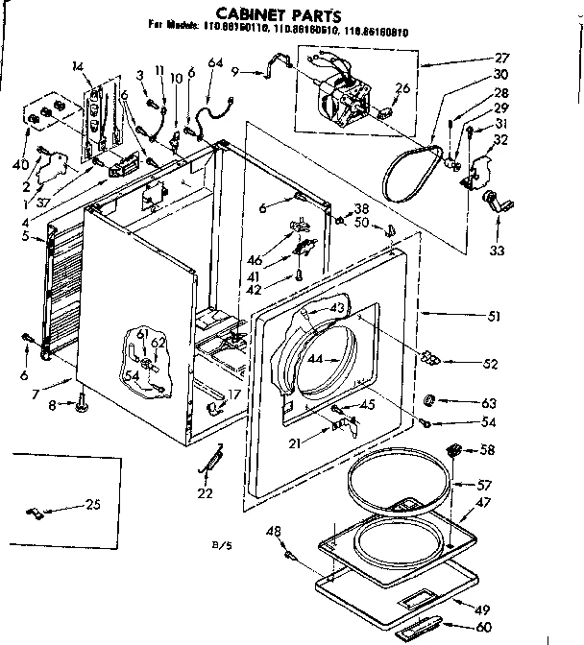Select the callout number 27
point(556,59)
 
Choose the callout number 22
point(203,493)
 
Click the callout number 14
point(78,66)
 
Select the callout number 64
point(215,63)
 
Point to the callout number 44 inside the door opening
point(316,360)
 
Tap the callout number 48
point(274,533)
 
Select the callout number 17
point(233,394)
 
